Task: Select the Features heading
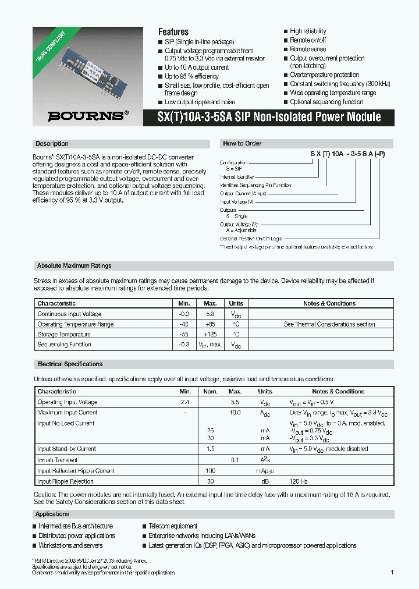tap(173, 32)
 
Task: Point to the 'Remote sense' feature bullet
tap(308, 49)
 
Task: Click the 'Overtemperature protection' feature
tap(324, 75)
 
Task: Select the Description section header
tap(52, 144)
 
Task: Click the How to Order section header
tap(242, 143)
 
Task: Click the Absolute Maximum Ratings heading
tap(74, 265)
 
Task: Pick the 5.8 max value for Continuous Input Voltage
tap(210, 314)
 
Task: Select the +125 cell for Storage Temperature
tap(210, 335)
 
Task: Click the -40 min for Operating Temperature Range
tap(184, 324)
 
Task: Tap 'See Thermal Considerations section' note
tap(329, 324)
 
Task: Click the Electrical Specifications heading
tap(69, 364)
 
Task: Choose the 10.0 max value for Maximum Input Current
tap(235, 413)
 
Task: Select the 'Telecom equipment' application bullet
tap(173, 526)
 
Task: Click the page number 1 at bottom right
tap(392, 573)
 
